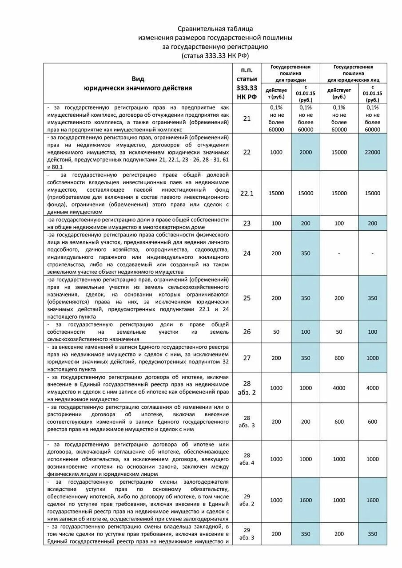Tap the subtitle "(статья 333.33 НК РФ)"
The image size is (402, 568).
click(215, 55)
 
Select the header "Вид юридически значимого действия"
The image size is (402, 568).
click(138, 83)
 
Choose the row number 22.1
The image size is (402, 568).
click(247, 193)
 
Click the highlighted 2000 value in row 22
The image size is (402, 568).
click(306, 152)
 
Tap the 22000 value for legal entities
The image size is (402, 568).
click(372, 152)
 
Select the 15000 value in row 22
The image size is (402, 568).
click(339, 152)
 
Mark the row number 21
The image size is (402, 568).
click(247, 118)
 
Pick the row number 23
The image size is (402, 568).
click(247, 223)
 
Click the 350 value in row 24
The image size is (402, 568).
click(306, 253)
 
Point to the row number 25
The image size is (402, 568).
click(247, 298)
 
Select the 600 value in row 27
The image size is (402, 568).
click(339, 358)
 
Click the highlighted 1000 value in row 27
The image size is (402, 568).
click(372, 358)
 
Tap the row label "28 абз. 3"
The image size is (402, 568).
click(247, 422)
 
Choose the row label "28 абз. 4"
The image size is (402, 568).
click(247, 459)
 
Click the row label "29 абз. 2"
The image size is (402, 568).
click(247, 500)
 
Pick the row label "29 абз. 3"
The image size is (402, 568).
click(247, 534)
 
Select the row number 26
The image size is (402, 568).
click(247, 331)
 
